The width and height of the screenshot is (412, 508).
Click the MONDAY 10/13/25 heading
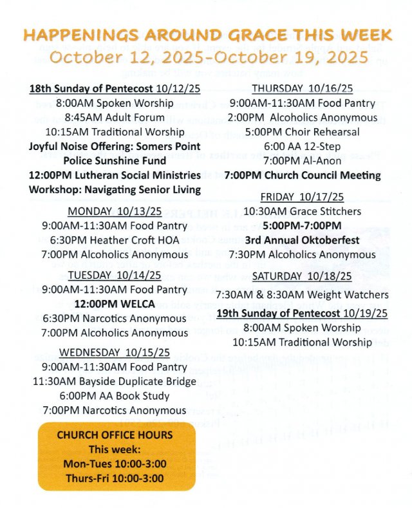115,211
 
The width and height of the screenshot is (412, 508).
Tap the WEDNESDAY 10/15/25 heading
115,352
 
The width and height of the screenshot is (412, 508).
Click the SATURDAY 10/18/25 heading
302,276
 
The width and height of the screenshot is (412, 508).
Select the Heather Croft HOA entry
115,240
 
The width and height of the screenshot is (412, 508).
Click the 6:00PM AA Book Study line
115,395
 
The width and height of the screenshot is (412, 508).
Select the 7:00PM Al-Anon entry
303,160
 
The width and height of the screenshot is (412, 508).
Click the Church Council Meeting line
302,175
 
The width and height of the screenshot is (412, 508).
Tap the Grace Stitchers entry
302,211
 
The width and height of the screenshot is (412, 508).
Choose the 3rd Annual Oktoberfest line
302,240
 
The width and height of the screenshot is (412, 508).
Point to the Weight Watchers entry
302,294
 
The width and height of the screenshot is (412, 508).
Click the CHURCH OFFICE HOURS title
115,435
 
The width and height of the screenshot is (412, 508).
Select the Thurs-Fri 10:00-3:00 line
115,478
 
